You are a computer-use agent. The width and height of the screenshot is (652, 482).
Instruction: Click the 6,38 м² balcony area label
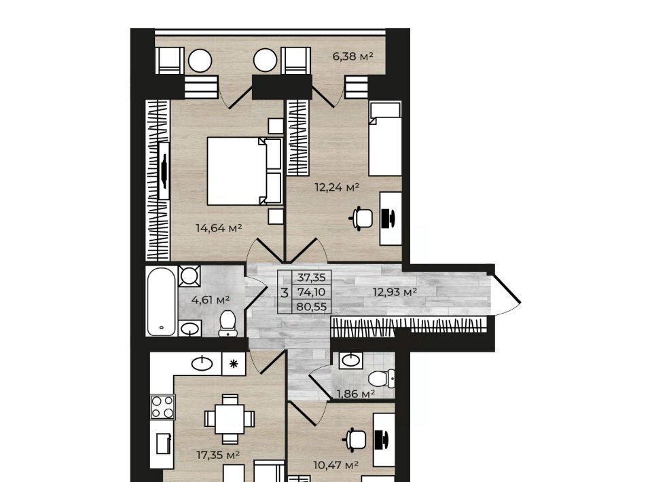(352, 56)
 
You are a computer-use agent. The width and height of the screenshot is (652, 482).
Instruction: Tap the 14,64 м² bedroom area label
(219, 227)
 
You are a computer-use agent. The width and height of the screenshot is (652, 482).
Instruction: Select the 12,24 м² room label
(337, 187)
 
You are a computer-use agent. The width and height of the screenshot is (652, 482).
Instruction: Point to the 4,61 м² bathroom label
(211, 299)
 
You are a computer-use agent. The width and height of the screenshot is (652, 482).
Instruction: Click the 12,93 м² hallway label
(395, 292)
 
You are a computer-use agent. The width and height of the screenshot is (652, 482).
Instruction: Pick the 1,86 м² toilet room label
(356, 394)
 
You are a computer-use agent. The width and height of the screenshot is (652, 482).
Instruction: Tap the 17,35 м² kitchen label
(218, 455)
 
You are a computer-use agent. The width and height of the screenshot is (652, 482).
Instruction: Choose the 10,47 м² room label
(336, 465)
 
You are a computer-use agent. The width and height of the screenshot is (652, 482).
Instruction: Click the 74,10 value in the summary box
(312, 292)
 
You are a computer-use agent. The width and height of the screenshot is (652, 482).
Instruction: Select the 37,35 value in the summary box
(312, 277)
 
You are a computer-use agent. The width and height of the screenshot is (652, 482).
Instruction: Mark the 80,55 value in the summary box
(312, 307)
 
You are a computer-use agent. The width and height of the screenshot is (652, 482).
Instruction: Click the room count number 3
(285, 293)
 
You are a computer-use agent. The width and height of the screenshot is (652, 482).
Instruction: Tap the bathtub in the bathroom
(161, 301)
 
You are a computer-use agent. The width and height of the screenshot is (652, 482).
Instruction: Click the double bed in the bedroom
(244, 171)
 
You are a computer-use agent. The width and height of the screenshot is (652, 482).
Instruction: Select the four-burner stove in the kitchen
(162, 407)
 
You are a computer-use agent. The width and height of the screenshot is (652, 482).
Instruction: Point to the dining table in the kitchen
(230, 419)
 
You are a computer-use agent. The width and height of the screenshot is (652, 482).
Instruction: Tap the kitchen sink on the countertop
(202, 364)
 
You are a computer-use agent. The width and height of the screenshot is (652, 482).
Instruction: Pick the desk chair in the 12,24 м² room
(363, 218)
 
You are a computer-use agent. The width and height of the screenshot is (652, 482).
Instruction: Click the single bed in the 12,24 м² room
(385, 139)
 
